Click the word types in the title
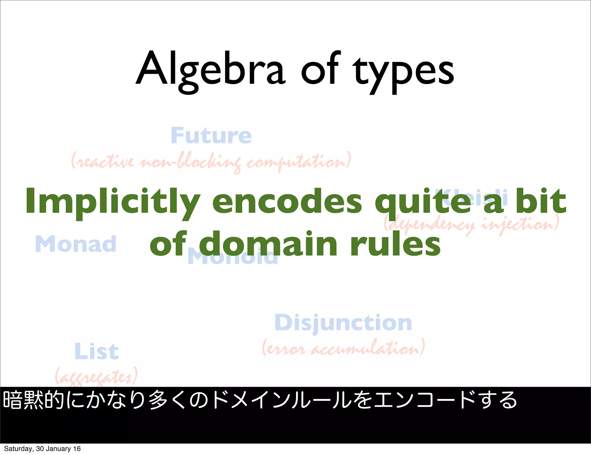[x=404, y=72]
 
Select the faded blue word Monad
[x=76, y=244]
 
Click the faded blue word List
[x=96, y=351]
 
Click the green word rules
[x=395, y=244]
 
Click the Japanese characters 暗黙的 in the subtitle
[x=33, y=400]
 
